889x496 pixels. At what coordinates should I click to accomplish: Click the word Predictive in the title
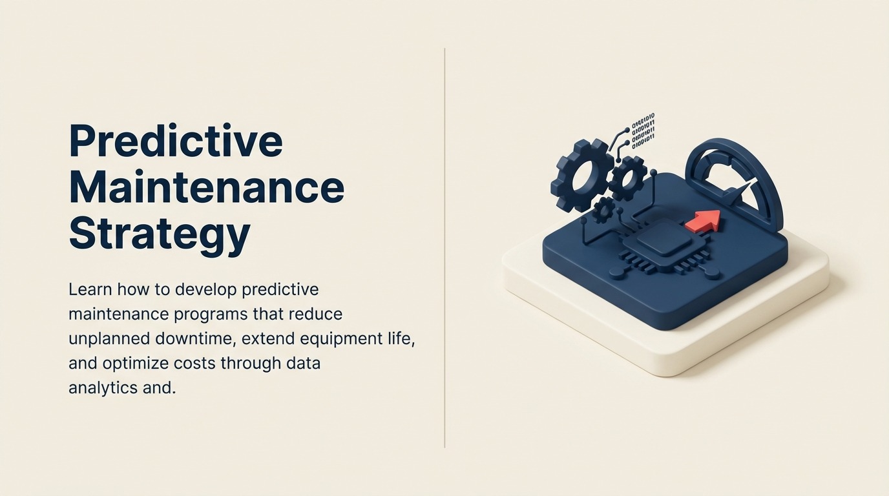click(x=176, y=141)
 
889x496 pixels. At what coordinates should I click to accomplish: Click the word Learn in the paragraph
click(x=85, y=289)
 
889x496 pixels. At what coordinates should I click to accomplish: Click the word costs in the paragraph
click(x=194, y=363)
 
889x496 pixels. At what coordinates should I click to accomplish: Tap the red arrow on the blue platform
click(x=702, y=221)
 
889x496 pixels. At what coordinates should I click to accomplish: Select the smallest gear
click(x=604, y=209)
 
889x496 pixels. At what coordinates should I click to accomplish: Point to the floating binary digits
click(x=643, y=130)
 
